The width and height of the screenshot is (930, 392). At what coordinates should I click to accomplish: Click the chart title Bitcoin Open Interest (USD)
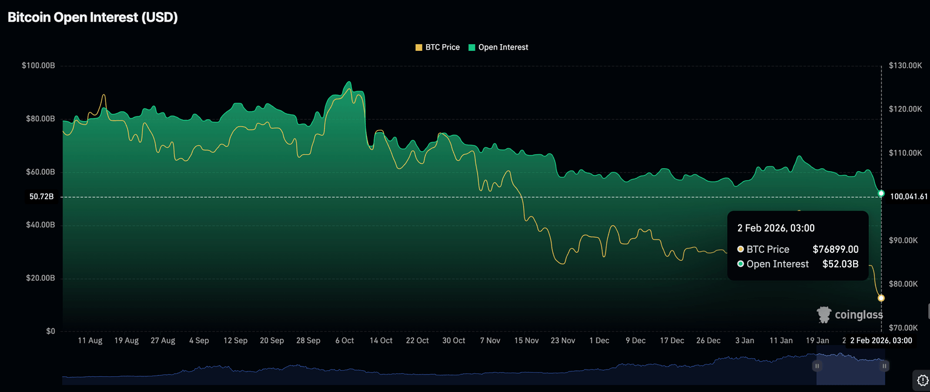pos(93,18)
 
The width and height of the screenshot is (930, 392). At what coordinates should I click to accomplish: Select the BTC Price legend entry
pos(438,47)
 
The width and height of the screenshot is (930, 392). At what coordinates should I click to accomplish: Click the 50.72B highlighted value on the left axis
pos(42,197)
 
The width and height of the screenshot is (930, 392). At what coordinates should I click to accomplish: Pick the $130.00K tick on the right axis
pos(905,65)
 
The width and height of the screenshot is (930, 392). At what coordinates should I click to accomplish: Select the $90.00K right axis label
pos(905,240)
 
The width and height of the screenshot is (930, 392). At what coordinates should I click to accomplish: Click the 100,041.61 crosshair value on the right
pos(909,197)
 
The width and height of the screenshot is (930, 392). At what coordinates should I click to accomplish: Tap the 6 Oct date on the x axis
pos(345,341)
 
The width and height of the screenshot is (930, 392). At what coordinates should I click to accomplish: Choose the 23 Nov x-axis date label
pos(563,341)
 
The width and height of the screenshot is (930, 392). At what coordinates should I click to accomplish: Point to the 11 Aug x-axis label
pos(90,341)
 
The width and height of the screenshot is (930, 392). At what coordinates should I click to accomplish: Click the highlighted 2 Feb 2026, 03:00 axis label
pos(881,341)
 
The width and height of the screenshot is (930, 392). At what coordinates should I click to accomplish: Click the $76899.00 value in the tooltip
pos(836,249)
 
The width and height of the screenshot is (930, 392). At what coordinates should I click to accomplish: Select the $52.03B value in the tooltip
pos(840,264)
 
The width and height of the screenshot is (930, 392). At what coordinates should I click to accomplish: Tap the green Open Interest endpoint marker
pos(881,194)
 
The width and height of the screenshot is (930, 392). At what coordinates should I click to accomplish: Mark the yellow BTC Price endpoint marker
pos(881,298)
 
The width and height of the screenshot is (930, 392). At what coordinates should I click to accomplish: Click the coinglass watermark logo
pos(849,315)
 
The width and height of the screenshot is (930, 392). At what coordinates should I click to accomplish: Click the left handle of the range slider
pos(817,366)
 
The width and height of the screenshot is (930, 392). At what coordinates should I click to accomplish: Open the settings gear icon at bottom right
pos(922,381)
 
